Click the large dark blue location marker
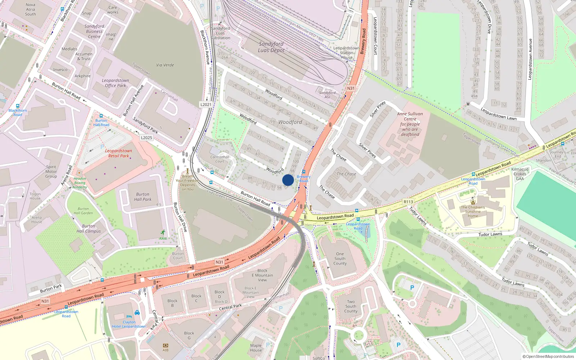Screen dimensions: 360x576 coord(288,180)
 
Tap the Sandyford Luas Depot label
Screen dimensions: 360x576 coord(271,47)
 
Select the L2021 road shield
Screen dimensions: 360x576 coord(206,104)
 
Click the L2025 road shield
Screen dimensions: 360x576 coord(147,138)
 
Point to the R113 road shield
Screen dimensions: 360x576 coord(408,202)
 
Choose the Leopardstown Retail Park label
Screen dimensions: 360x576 coord(118,153)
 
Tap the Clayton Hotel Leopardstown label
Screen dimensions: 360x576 coord(129,324)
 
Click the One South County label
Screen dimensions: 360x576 coord(340,258)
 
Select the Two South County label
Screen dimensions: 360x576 coord(351,306)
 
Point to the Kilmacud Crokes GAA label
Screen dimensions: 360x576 coord(520,174)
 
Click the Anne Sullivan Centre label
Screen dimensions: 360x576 coord(410,124)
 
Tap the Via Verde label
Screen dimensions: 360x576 coord(165,65)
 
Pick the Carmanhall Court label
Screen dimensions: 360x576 coord(220,159)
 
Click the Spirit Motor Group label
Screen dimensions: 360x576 coord(51,172)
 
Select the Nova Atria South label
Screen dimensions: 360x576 coord(31,10)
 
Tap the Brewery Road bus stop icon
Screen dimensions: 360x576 coord(304,172)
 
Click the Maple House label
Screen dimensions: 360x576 coord(256,348)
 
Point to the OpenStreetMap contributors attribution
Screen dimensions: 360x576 coord(548,356)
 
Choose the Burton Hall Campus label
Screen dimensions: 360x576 coord(89,229)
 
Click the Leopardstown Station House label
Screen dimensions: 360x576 coord(346,53)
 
